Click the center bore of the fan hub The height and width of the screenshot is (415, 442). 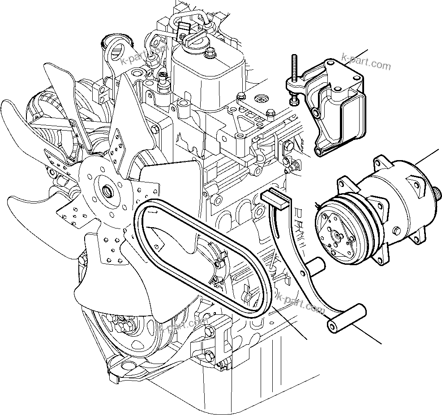point(107,192)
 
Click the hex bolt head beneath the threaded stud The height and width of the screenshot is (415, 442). point(294,102)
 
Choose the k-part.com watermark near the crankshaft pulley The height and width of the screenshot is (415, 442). point(184,329)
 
